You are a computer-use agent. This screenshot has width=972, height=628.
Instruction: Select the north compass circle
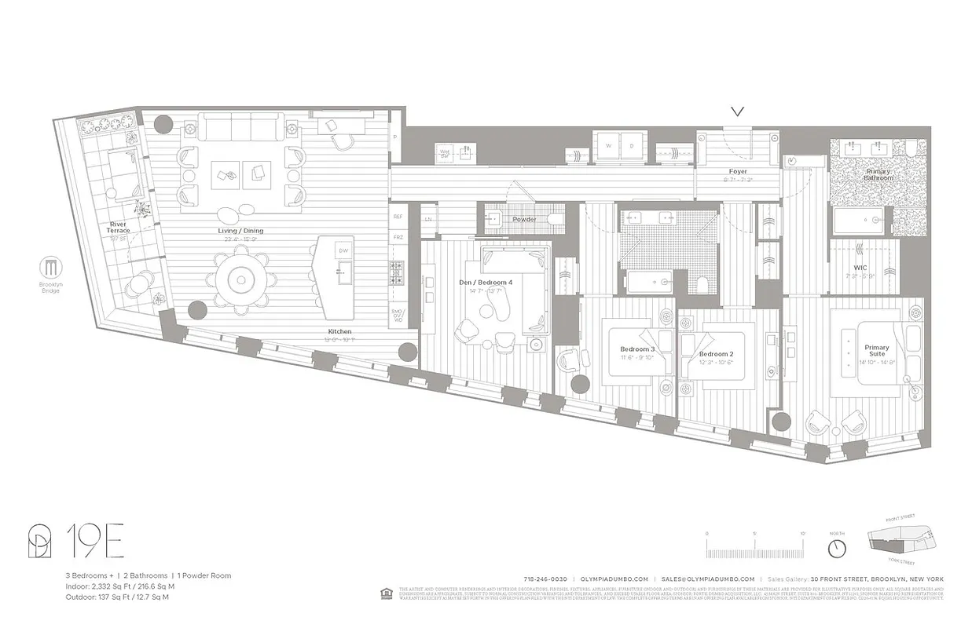[x=838, y=546]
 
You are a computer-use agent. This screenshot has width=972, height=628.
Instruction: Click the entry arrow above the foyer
[x=737, y=111]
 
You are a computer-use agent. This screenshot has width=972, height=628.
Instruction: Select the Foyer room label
[x=737, y=171]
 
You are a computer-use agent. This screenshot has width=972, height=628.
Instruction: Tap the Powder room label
[x=524, y=219]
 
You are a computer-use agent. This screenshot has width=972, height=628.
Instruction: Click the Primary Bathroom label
[x=878, y=174]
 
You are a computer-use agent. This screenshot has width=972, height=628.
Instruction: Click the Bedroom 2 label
[x=716, y=354]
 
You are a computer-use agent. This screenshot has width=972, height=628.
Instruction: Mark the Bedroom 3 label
[x=637, y=349]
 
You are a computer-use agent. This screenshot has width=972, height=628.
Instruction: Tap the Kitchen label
[x=340, y=331]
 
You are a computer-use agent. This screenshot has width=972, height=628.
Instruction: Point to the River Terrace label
[x=118, y=227]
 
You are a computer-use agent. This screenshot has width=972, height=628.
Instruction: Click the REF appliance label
[x=398, y=216]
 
